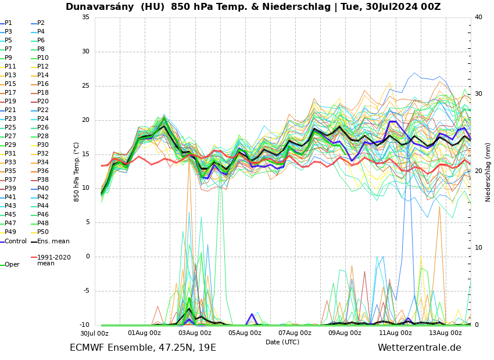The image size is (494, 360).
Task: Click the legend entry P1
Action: tap(8, 23)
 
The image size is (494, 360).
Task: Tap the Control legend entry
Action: tap(16, 241)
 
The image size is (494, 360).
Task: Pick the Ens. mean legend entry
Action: tap(53, 241)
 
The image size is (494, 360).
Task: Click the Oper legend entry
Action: tap(12, 264)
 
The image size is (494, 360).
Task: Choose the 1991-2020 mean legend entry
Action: tap(53, 260)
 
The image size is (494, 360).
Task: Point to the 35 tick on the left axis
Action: tap(85, 17)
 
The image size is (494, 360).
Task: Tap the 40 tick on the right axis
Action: tap(478, 17)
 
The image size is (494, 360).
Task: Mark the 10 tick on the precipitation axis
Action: tap(478, 248)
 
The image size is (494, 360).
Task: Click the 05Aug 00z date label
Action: tap(245, 333)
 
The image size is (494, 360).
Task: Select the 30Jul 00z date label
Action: tap(94, 333)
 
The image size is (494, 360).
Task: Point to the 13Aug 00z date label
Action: tap(445, 333)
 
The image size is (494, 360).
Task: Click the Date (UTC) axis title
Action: tap(282, 342)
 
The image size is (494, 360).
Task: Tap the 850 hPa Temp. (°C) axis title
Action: tap(77, 171)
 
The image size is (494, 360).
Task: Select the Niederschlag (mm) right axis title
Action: tap(488, 171)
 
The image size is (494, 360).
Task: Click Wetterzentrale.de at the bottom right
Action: tap(419, 348)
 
